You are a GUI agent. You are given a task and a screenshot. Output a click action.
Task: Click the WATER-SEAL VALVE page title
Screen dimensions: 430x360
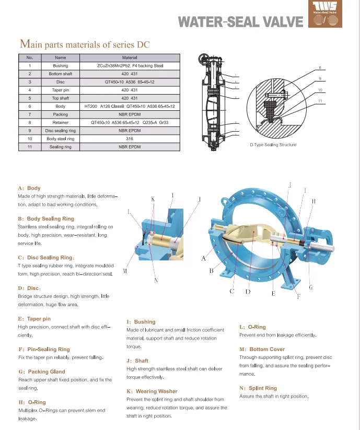[x=240, y=21]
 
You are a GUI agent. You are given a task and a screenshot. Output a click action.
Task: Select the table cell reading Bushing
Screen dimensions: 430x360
[x=61, y=66]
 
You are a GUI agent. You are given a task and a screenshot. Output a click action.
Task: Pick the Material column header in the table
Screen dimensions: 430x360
[x=130, y=57]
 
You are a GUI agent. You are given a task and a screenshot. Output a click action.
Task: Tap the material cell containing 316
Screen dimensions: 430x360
[x=130, y=138]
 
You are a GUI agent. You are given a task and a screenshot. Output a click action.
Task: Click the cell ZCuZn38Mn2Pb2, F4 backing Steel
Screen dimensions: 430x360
[x=130, y=66]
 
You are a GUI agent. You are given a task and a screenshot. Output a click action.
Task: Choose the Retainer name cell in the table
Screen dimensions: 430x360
[x=61, y=122]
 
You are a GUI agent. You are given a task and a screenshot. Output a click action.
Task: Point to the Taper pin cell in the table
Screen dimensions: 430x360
[x=61, y=90]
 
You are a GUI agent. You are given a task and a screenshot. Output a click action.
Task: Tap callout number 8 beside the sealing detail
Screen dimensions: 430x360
[x=320, y=68]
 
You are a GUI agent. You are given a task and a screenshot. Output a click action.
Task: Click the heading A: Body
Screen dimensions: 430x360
[x=29, y=188]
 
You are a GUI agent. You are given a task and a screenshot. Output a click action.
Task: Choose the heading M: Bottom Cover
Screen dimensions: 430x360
[x=262, y=349]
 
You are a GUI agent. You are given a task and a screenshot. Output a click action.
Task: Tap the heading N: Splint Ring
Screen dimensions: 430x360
[x=258, y=388]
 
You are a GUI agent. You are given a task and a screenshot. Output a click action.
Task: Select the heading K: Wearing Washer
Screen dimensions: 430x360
[x=152, y=391]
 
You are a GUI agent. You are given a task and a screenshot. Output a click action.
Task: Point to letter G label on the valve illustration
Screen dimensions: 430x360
[x=311, y=287]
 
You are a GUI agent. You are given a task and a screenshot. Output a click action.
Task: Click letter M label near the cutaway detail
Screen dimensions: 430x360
[x=125, y=271]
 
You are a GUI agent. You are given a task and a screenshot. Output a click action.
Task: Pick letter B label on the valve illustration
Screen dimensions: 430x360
[x=211, y=271]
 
